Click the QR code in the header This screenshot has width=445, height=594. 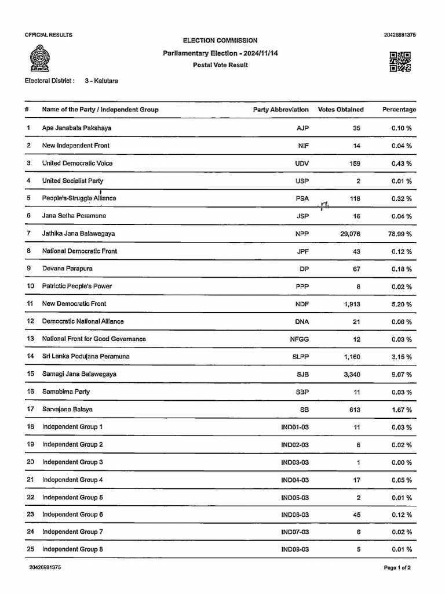[400, 61]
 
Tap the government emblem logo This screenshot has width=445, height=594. [39, 60]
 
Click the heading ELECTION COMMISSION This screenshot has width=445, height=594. [220, 41]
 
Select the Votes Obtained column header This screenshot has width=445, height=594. [341, 110]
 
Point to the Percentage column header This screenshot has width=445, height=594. [399, 110]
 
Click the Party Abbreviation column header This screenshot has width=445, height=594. [280, 110]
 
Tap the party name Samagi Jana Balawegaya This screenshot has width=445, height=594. [79, 374]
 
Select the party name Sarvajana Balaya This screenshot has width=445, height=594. [67, 410]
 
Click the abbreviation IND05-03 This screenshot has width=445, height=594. [295, 498]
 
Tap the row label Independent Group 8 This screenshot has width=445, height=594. [72, 549]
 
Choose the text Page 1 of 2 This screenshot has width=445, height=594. [397, 567]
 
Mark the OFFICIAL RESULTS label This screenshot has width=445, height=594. [48, 35]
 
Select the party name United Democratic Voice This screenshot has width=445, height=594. [77, 163]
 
